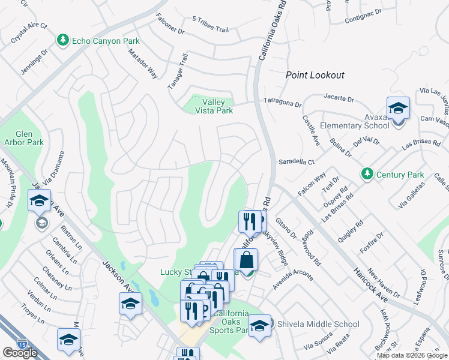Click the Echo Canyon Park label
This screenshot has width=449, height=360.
106,41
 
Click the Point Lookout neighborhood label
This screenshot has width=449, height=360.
315,75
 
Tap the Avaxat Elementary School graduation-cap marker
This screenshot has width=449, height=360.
398,109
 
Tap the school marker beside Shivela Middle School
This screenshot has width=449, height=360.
259,326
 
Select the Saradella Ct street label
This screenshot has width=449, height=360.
297,162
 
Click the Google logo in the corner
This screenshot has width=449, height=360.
20,353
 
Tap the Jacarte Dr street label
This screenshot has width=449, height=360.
339,97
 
